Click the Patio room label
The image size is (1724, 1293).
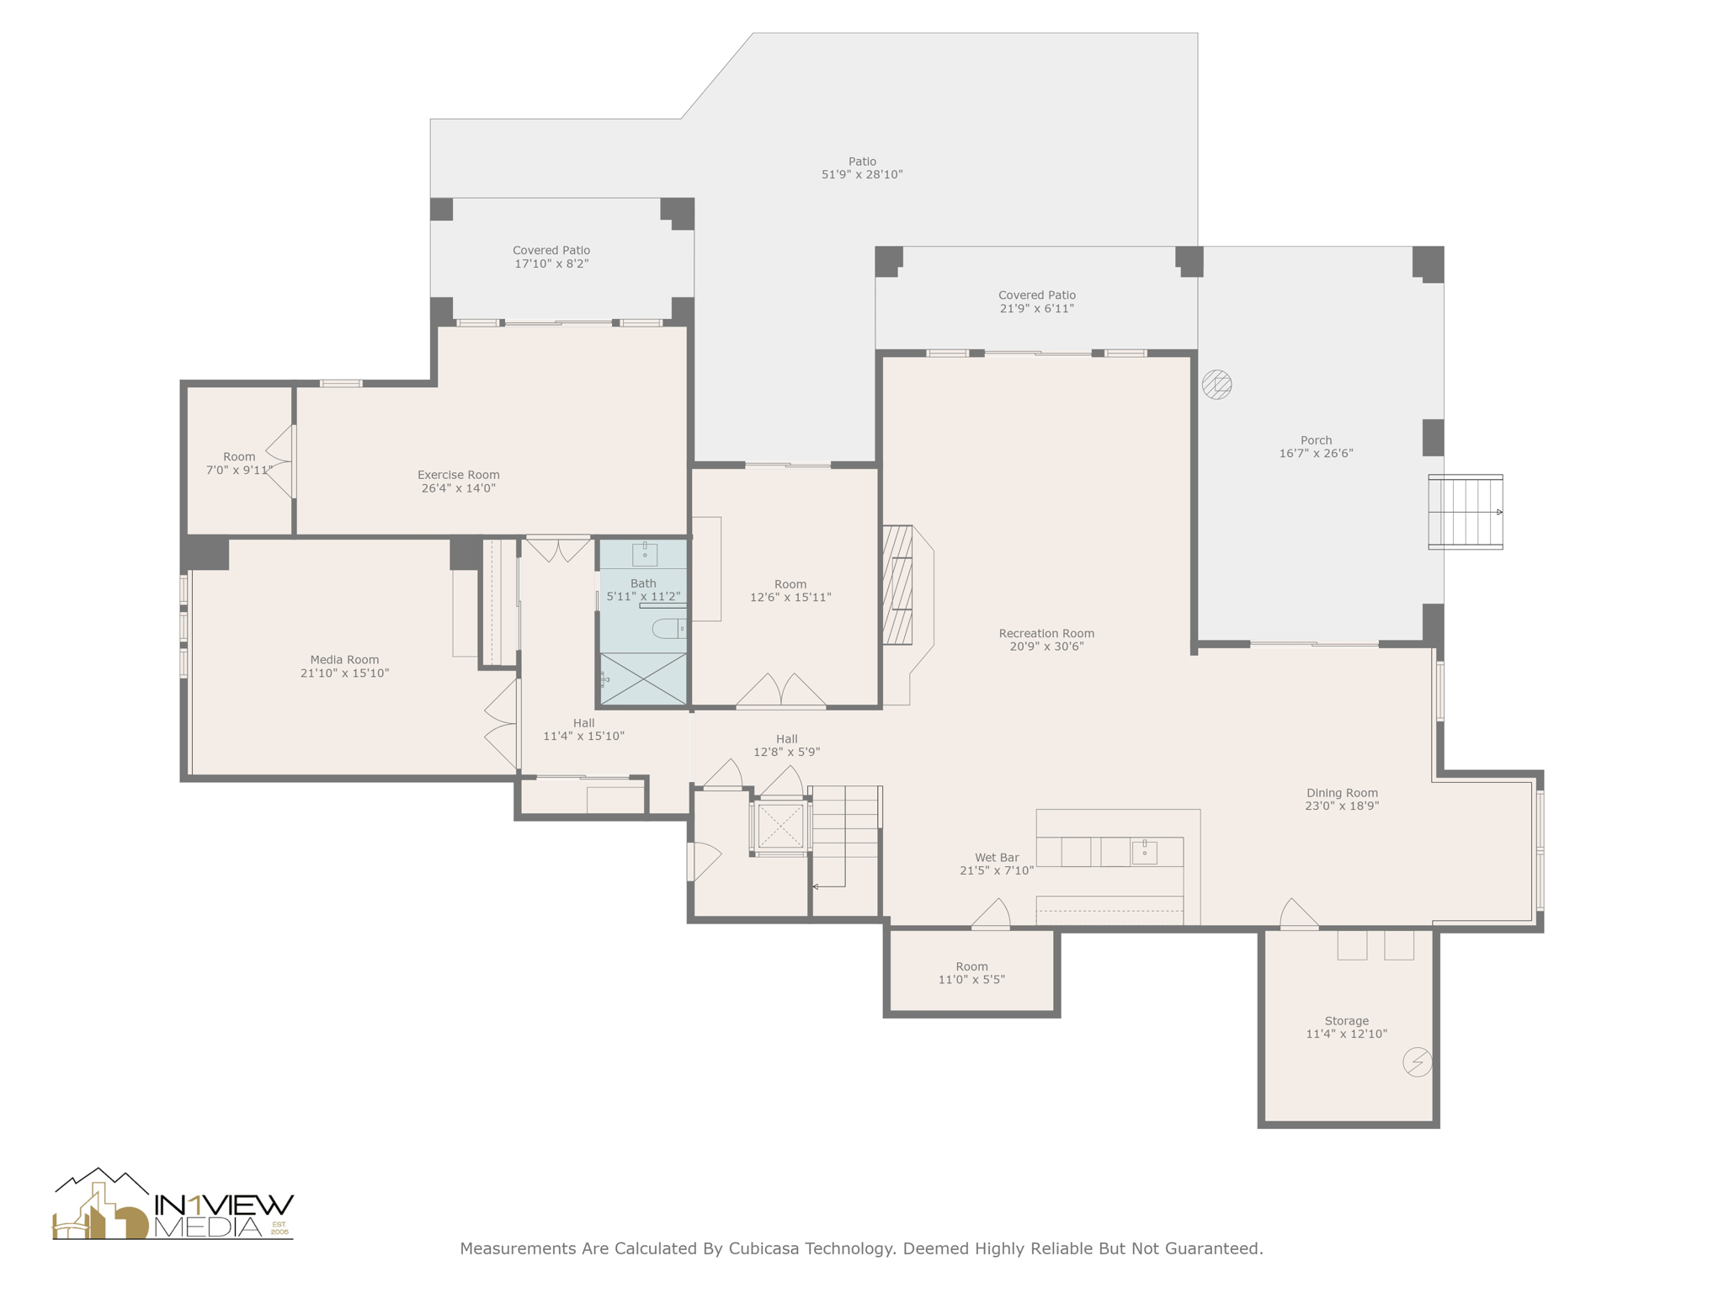(862, 162)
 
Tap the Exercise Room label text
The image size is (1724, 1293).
(459, 475)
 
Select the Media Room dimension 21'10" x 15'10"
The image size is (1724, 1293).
(344, 673)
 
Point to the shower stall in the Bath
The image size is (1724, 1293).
(643, 678)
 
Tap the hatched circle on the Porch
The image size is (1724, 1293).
(1217, 385)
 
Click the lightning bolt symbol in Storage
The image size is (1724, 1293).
(1418, 1062)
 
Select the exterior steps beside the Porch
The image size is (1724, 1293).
(1466, 512)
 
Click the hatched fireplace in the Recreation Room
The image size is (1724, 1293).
(897, 585)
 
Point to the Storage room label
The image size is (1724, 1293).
(1347, 1021)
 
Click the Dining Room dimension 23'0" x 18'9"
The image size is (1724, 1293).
(1342, 806)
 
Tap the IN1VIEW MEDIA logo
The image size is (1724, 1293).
(173, 1205)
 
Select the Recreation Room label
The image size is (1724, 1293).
(1046, 634)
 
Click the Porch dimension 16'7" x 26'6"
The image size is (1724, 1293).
(1317, 454)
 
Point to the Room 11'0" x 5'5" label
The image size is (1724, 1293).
(971, 973)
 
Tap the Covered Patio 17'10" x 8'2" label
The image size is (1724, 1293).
(551, 257)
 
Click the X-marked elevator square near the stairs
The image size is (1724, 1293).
(780, 826)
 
